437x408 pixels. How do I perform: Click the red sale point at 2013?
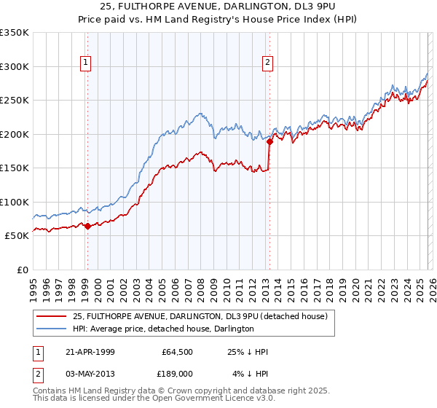coord(269,142)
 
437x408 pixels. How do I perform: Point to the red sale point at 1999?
coord(88,226)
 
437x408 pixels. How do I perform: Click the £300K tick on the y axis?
coord(15,66)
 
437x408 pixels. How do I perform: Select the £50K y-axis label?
coord(17,236)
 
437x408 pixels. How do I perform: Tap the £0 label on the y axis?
coord(22,270)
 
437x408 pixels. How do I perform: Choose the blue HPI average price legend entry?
coord(163,329)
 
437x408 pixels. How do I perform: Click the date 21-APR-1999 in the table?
coord(88,352)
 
